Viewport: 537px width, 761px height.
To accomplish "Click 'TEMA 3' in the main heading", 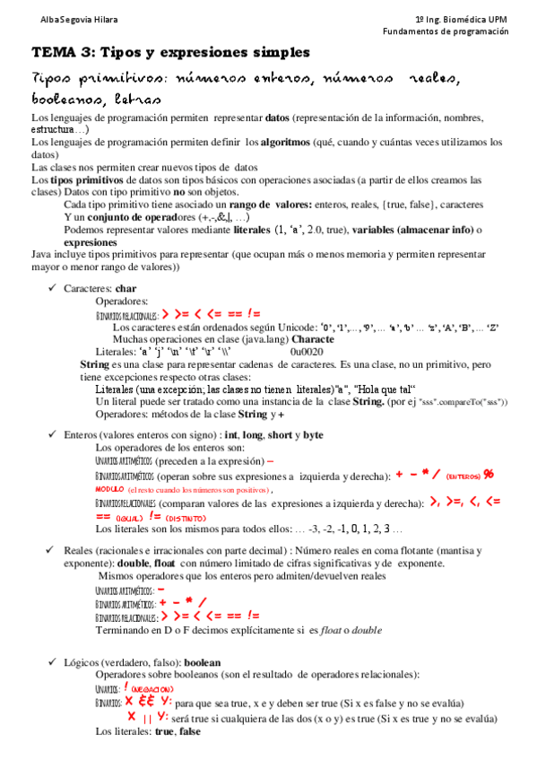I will [x=59, y=52].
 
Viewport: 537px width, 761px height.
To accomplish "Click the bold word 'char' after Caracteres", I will [x=126, y=288].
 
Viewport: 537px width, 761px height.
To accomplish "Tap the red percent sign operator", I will [x=489, y=474].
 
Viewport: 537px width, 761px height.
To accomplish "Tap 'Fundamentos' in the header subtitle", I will [x=411, y=31].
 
